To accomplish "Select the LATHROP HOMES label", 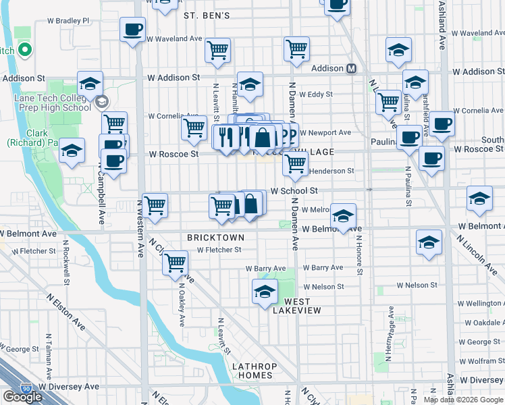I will coord(252,371).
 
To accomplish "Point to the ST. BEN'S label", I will coord(207,15).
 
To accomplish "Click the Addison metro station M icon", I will coord(352,68).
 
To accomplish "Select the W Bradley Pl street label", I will coord(68,21).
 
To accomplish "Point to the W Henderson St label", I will coord(331,171).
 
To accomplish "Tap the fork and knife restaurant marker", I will coord(225,137).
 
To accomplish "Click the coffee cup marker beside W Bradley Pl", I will coord(132,30).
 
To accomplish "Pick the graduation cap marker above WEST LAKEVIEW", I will coord(265,292).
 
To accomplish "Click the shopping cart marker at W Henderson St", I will coord(295,163).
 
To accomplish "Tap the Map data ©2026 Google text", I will coord(463,400).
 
